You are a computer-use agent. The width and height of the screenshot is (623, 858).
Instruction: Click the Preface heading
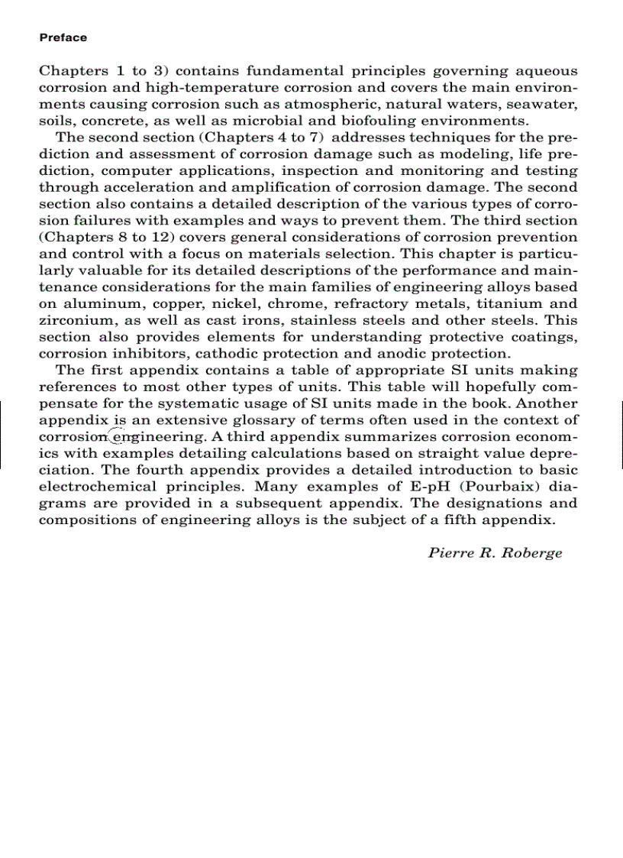pyautogui.click(x=63, y=37)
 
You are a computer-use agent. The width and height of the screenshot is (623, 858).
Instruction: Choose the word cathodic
pyautogui.click(x=234, y=354)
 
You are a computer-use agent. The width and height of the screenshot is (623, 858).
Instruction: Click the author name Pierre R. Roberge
pyautogui.click(x=495, y=553)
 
